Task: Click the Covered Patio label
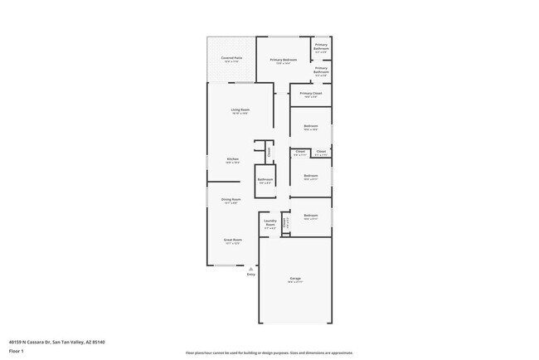pyautogui.click(x=230, y=58)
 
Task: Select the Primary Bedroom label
pyautogui.click(x=284, y=60)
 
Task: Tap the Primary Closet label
pyautogui.click(x=311, y=94)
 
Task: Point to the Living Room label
pyautogui.click(x=240, y=109)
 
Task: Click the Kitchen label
pyautogui.click(x=233, y=159)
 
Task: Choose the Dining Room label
pyautogui.click(x=231, y=199)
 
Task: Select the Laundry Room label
pyautogui.click(x=270, y=222)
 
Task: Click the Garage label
pyautogui.click(x=295, y=278)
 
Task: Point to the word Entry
pyautogui.click(x=250, y=275)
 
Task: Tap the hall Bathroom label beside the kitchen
pyautogui.click(x=265, y=179)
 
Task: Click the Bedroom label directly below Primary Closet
pyautogui.click(x=311, y=126)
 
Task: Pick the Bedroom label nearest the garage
pyautogui.click(x=311, y=216)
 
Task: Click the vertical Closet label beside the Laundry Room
pyautogui.click(x=285, y=222)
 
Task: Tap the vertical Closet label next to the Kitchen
pyautogui.click(x=269, y=151)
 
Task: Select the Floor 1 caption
pyautogui.click(x=17, y=352)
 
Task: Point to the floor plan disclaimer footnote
pyautogui.click(x=269, y=353)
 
